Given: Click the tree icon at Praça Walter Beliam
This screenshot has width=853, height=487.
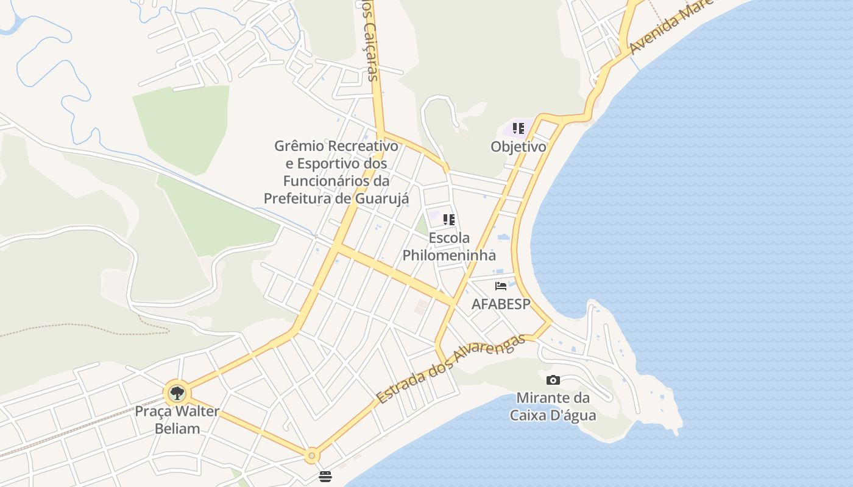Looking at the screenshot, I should [177, 393].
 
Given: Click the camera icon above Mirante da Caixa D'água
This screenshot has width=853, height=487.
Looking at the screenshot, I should [553, 380].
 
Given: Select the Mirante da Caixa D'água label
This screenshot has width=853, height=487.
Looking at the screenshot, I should [553, 407].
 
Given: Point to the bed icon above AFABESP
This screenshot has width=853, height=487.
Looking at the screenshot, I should [501, 286].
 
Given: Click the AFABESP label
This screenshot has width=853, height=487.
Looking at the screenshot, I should [501, 304].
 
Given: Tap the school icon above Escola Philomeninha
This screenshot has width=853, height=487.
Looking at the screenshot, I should [449, 220].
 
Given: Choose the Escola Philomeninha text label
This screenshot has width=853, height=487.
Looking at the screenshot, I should [449, 246].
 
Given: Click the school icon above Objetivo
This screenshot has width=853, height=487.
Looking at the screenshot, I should [519, 128].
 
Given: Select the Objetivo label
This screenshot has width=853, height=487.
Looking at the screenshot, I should [519, 147].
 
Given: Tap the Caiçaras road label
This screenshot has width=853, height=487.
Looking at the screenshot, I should [369, 46].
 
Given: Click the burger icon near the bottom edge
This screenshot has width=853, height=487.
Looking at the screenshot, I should [325, 476].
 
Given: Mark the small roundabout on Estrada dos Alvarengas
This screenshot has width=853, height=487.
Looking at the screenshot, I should [312, 455].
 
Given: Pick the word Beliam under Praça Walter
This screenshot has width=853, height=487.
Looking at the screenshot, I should [177, 428].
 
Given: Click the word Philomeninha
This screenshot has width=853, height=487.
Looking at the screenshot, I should [449, 255].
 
